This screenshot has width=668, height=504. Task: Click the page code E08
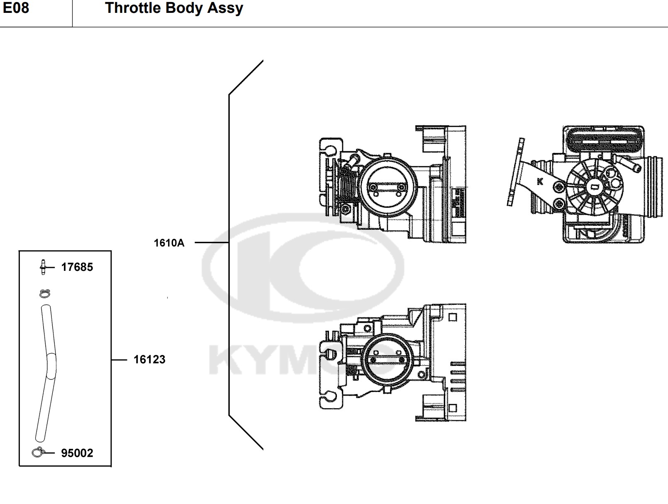click(x=16, y=7)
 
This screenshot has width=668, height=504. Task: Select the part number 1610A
click(x=169, y=243)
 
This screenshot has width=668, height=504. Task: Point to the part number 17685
click(x=77, y=268)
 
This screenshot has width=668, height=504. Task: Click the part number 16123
click(x=149, y=360)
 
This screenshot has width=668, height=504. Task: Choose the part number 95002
click(x=77, y=453)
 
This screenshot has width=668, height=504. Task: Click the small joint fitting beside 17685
click(x=43, y=268)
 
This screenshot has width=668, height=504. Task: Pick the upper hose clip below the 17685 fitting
click(x=45, y=294)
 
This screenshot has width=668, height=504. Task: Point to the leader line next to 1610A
click(x=212, y=242)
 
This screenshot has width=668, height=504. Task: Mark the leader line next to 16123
click(x=119, y=360)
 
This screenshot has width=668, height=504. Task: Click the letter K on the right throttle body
click(x=540, y=182)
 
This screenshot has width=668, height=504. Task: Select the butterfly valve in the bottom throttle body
click(x=387, y=360)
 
